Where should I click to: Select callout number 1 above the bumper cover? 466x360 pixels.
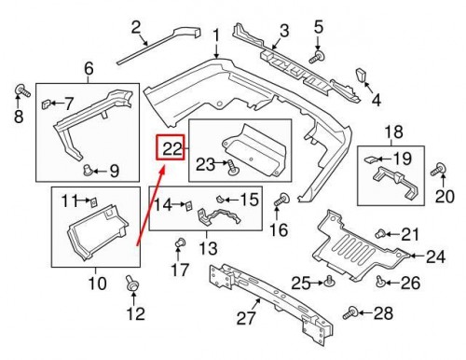pyautogui.click(x=216, y=37)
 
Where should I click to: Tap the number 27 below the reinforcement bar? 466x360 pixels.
pyautogui.click(x=246, y=318)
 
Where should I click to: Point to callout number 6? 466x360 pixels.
pyautogui.click(x=89, y=67)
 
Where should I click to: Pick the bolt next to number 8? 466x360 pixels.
pyautogui.click(x=19, y=90)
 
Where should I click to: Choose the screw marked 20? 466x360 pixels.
pyautogui.click(x=434, y=170)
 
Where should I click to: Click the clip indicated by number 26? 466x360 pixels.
pyautogui.click(x=380, y=280)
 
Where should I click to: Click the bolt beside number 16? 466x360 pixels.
pyautogui.click(x=281, y=199)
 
